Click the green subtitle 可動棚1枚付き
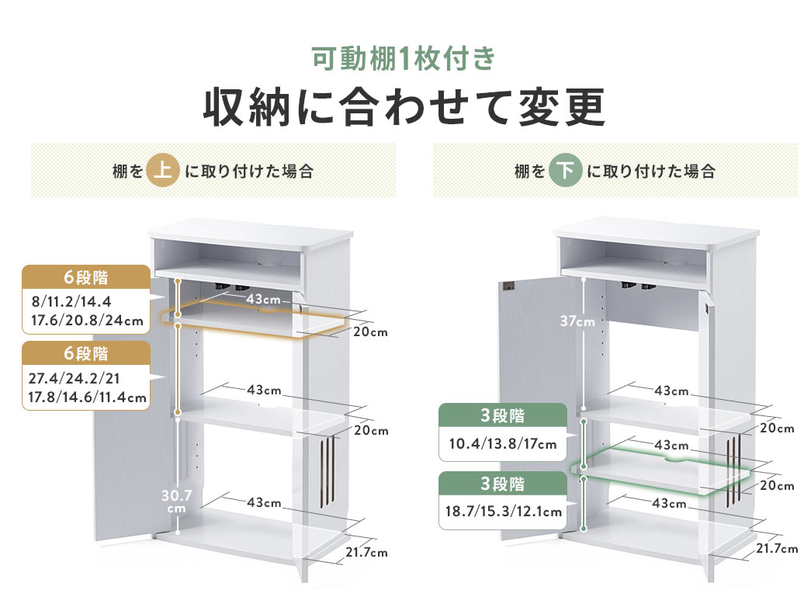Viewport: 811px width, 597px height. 403,59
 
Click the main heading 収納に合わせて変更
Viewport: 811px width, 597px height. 404,108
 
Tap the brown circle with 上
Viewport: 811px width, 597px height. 162,171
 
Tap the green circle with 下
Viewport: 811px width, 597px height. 565,171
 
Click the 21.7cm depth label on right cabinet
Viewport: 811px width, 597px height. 775,549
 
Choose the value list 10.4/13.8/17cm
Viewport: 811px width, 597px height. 503,445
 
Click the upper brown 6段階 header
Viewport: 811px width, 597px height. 85,277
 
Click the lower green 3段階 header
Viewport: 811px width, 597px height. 503,484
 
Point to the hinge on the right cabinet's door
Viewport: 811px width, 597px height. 510,288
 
